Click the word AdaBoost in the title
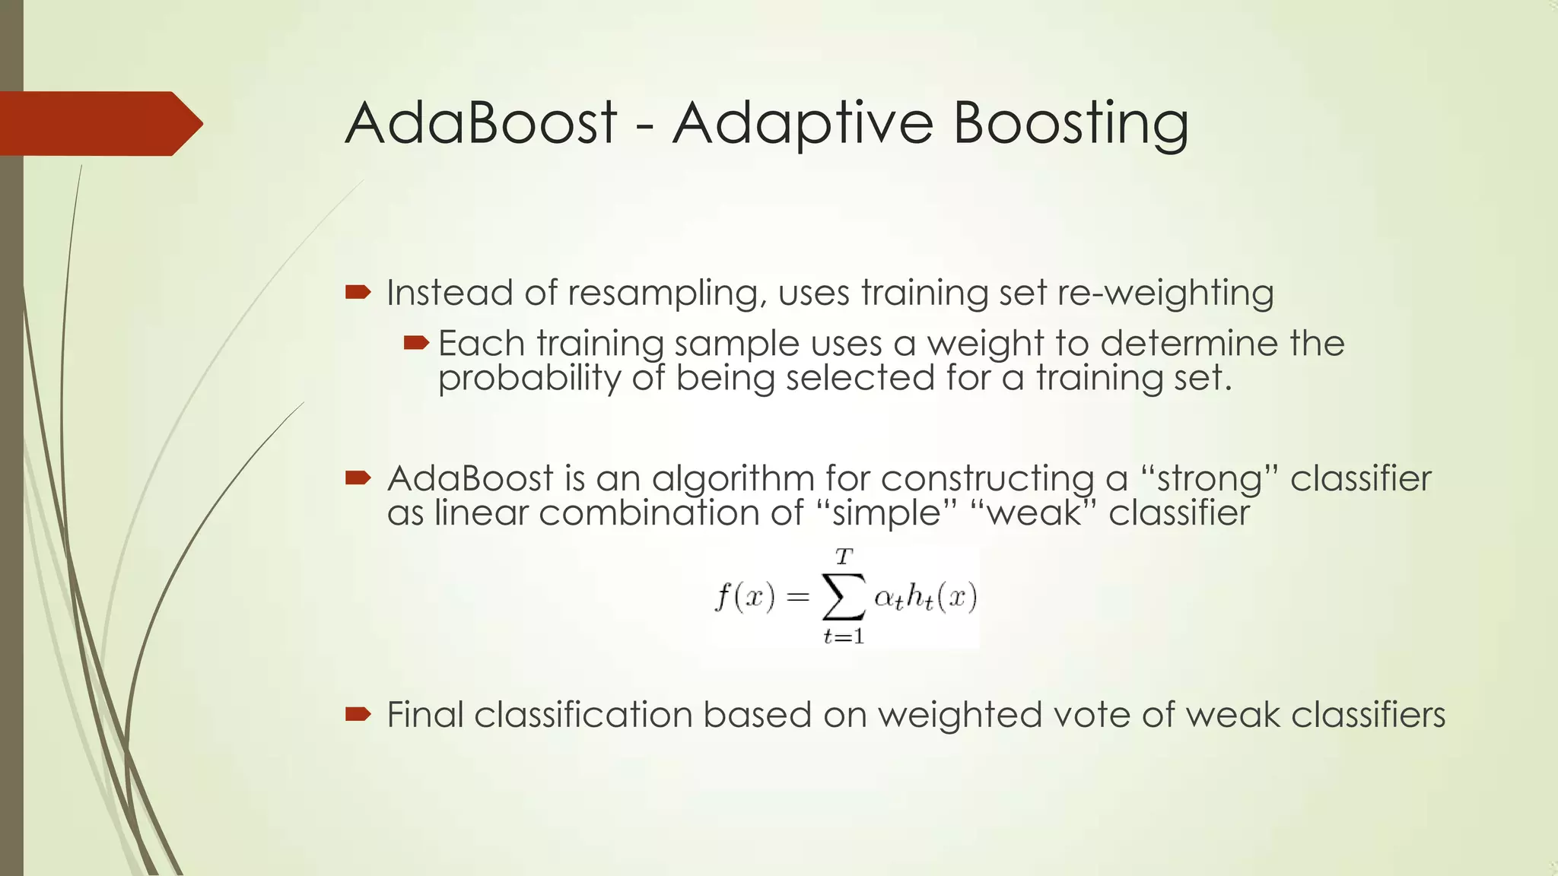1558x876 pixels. [x=481, y=123]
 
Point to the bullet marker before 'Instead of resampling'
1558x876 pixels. [x=358, y=292]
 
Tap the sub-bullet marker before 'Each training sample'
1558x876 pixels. [x=416, y=343]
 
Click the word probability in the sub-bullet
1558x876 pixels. [x=529, y=379]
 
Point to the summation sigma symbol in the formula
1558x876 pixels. [x=844, y=597]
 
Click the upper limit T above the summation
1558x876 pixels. [x=844, y=557]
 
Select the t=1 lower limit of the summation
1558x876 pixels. [x=844, y=636]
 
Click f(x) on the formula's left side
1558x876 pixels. [x=745, y=596]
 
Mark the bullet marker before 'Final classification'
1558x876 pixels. [x=358, y=713]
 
